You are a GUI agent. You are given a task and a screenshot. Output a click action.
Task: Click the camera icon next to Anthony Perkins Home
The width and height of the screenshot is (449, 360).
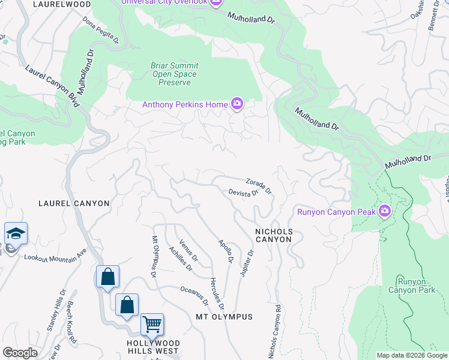(x=237, y=105)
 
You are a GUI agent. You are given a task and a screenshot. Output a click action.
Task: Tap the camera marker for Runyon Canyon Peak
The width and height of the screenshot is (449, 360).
(x=385, y=211)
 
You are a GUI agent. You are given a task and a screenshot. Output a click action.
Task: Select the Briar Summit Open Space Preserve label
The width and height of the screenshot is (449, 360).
(x=175, y=74)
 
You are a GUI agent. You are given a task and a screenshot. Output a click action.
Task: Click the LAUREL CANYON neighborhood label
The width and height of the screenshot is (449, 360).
(x=74, y=203)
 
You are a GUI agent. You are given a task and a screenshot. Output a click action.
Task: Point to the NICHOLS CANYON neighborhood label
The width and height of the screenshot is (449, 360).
(x=273, y=235)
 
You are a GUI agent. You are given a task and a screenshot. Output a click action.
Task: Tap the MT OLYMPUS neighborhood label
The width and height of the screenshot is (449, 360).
(x=224, y=316)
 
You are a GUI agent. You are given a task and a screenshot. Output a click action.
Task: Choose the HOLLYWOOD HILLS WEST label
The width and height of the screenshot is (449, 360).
(x=152, y=346)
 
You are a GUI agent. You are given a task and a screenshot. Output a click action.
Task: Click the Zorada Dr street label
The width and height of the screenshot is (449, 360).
(x=259, y=186)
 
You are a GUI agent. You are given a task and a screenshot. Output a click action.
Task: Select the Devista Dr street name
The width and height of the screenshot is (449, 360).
(x=243, y=193)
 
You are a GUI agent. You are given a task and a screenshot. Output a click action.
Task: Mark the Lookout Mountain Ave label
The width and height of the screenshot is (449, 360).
(x=55, y=258)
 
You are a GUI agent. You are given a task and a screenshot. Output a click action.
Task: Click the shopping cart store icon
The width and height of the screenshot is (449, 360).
(x=152, y=324)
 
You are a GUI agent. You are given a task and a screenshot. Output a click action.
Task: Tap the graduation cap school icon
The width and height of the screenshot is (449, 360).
(x=16, y=233)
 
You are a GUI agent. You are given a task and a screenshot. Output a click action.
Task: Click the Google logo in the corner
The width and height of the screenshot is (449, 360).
(x=20, y=352)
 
